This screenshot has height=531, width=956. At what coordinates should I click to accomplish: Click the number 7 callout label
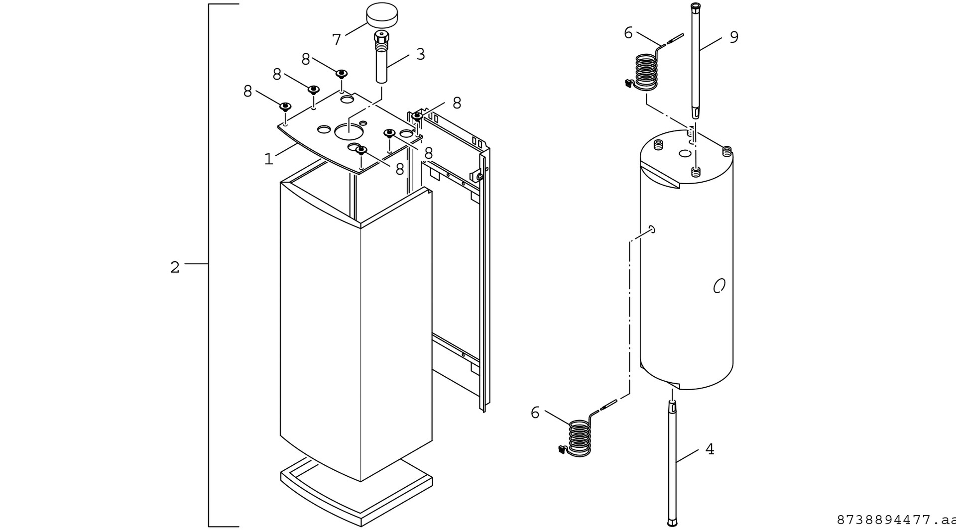(x=337, y=39)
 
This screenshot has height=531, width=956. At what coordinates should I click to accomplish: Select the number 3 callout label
(x=421, y=54)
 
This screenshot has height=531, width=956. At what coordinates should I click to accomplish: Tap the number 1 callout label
(x=269, y=159)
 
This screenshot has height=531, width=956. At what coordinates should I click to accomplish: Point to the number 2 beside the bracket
(x=174, y=268)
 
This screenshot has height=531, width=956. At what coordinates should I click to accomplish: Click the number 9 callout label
(x=734, y=37)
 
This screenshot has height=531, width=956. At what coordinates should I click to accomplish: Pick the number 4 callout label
(x=710, y=449)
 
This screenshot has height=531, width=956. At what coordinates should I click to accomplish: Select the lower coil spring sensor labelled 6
(x=579, y=437)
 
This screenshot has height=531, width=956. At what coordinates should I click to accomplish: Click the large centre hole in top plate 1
(x=350, y=131)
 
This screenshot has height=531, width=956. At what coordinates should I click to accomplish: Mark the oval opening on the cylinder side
(x=718, y=286)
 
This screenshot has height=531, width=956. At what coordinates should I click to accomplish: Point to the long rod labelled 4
(x=673, y=463)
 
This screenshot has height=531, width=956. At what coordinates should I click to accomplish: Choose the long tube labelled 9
(x=696, y=60)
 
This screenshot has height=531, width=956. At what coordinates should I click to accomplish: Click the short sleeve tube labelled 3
(x=382, y=62)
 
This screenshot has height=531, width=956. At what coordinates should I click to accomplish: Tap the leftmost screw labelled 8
(x=285, y=106)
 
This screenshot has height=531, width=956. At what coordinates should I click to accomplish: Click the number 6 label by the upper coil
(x=628, y=33)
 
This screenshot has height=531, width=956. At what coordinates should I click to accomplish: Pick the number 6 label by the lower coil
(x=535, y=413)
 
